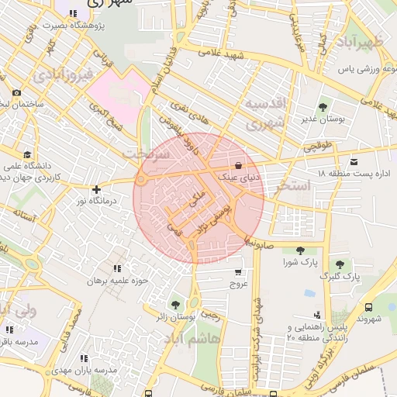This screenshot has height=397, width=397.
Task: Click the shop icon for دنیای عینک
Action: pyautogui.click(x=238, y=165)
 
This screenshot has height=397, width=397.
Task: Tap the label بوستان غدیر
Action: pyautogui.click(x=322, y=119)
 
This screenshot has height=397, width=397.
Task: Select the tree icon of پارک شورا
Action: pyautogui.click(x=300, y=250)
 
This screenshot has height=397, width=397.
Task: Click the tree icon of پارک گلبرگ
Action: pyautogui.click(x=340, y=264)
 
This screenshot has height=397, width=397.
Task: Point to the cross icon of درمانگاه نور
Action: pyautogui.click(x=96, y=189)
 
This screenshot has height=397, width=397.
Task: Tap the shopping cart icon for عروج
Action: pyautogui.click(x=237, y=272)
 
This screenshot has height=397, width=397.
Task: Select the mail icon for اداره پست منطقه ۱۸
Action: pyautogui.click(x=354, y=162)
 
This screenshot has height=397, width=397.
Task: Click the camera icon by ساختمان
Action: pyautogui.click(x=17, y=93)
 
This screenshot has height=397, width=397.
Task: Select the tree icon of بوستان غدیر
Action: pyautogui.click(x=322, y=107)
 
